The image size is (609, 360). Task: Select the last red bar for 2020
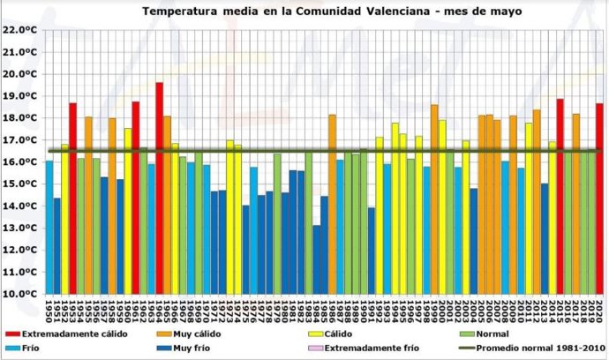(599, 198)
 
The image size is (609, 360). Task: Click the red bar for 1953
(72, 198)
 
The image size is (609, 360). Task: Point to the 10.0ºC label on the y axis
(19, 294)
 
